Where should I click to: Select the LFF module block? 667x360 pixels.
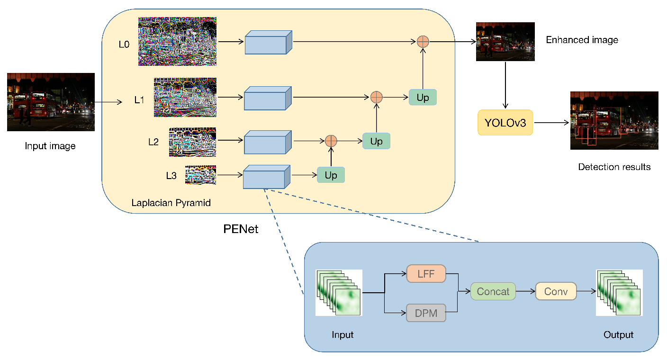[426, 273]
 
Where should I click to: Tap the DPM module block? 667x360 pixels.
[426, 313]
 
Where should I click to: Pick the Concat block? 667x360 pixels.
[493, 291]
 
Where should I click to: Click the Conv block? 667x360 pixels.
[556, 291]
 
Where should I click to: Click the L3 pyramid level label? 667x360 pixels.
[171, 176]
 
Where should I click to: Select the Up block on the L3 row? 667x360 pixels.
[331, 175]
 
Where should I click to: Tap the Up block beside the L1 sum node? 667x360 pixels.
[423, 98]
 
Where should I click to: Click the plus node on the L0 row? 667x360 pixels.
[423, 42]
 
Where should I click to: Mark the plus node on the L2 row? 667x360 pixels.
[331, 141]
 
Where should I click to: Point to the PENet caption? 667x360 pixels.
[241, 229]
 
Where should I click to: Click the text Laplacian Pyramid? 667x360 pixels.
[171, 203]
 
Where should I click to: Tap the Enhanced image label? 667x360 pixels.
[582, 40]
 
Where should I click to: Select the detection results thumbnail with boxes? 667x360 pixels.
[614, 120]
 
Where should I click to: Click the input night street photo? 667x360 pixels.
[51, 102]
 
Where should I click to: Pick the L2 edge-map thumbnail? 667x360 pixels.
[192, 142]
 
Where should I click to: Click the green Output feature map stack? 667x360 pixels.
[619, 292]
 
